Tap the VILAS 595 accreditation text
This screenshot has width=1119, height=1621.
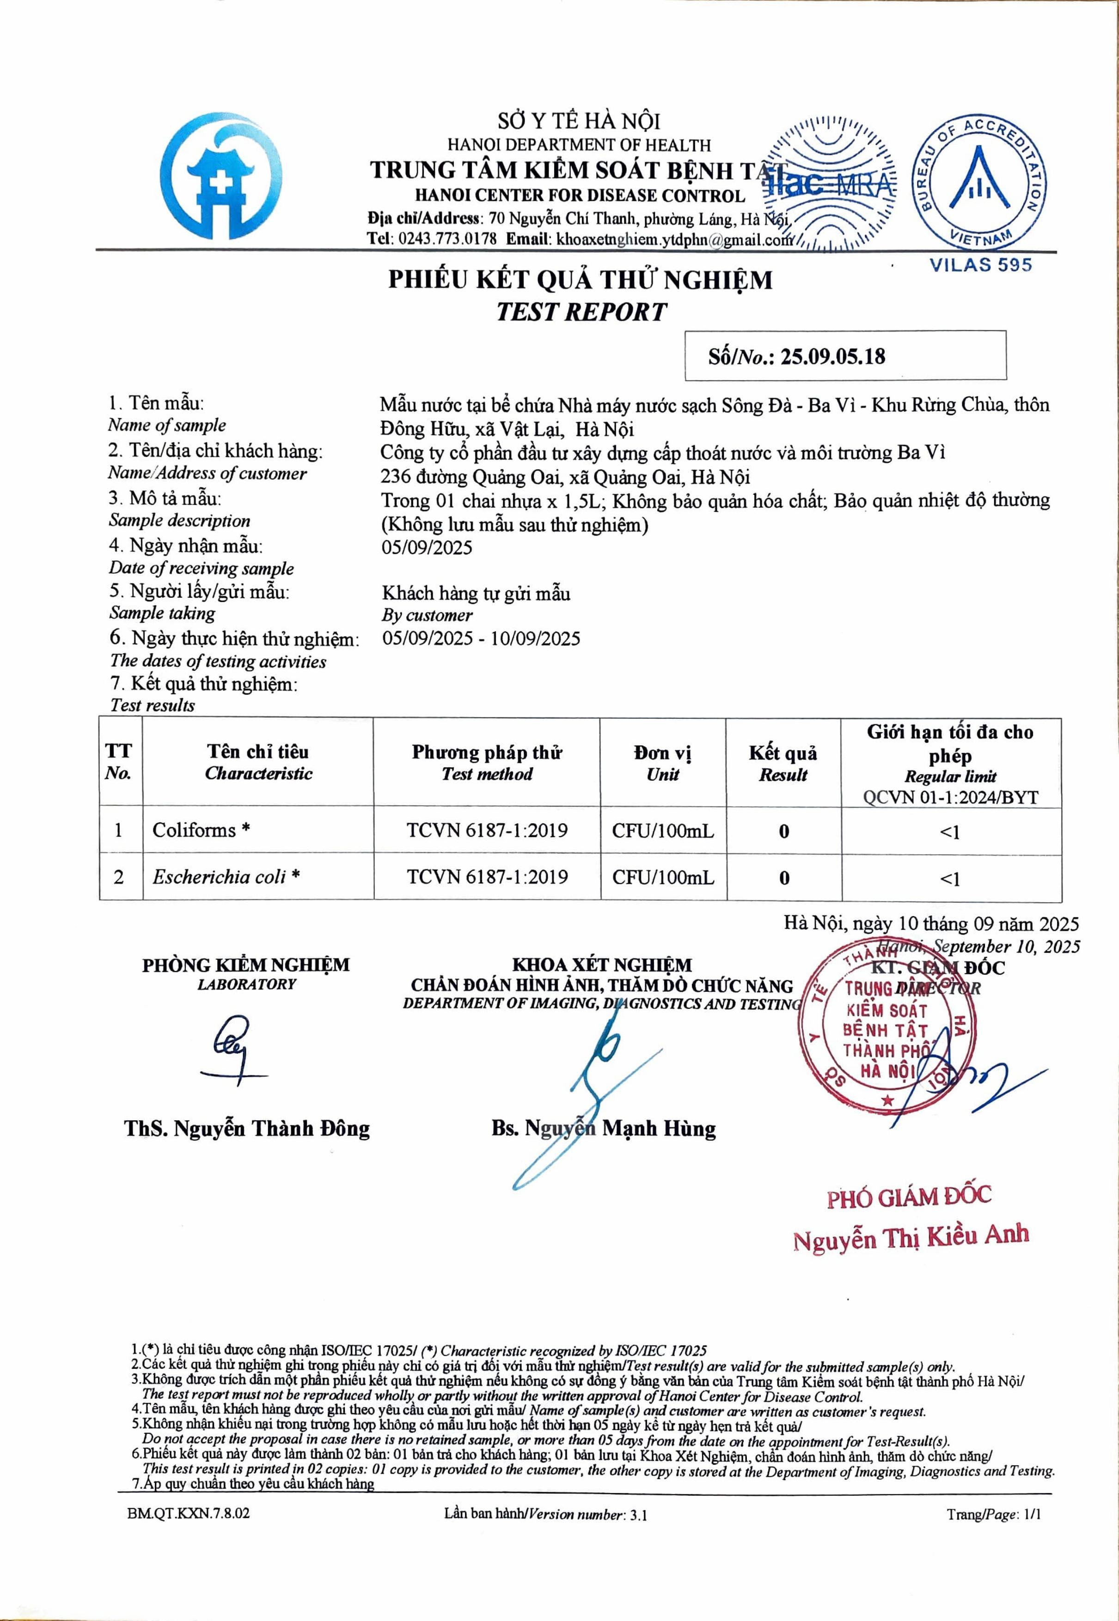click(980, 265)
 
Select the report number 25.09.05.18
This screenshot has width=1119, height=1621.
click(833, 356)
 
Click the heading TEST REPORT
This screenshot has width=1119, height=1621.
click(581, 312)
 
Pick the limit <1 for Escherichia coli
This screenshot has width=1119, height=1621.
click(949, 878)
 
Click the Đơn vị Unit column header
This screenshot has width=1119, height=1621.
click(662, 763)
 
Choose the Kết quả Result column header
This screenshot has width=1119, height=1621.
click(783, 763)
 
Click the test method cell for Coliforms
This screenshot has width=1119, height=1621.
click(487, 831)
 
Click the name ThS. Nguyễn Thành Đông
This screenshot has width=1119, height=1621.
click(247, 1128)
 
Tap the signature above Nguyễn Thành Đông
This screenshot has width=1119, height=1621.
click(232, 1052)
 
